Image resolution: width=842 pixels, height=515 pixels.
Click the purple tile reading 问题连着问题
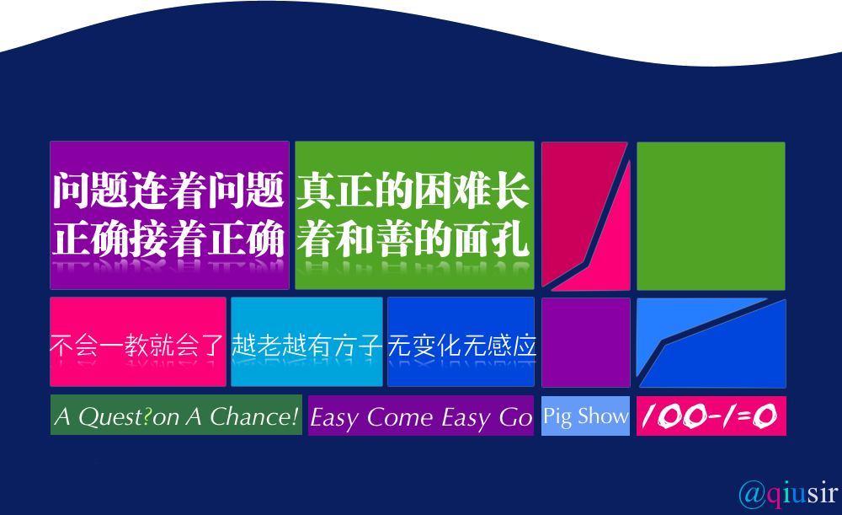170,215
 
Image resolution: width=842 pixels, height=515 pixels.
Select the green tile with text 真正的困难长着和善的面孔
414,215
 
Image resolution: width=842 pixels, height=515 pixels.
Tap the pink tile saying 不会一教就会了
138,342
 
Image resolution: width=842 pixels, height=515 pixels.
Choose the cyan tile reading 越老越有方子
306,342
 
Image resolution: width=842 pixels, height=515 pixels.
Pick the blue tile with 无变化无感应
461,342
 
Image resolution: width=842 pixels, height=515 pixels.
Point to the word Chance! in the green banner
254,416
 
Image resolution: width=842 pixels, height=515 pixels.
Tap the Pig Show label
585,416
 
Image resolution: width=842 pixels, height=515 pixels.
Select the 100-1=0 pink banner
711,416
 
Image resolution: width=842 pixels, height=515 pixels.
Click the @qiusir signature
788,493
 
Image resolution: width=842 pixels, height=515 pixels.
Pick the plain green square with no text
711,216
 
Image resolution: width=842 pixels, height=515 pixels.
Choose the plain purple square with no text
586,342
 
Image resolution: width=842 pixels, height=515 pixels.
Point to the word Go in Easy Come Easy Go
515,417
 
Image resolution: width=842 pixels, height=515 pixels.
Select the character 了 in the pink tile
210,345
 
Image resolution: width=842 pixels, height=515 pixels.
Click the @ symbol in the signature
752,494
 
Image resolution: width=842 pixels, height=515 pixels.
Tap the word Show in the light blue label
603,416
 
